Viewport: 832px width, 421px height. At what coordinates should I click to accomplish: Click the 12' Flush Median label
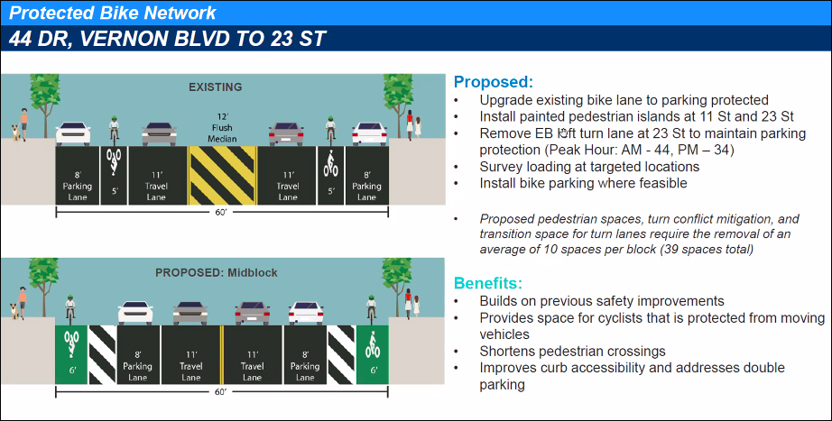tap(222, 128)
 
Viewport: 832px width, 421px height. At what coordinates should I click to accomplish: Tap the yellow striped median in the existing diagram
tap(222, 176)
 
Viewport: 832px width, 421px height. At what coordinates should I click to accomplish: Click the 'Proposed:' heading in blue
tap(493, 82)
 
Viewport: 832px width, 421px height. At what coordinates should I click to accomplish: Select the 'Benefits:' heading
tap(487, 283)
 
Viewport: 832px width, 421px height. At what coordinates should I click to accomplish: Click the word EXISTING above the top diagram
tap(216, 87)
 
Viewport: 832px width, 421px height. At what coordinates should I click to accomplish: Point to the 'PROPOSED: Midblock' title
tap(216, 273)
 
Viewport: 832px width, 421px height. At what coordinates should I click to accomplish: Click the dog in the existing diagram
tap(16, 133)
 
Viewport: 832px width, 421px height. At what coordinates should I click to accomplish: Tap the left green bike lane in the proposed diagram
tap(71, 354)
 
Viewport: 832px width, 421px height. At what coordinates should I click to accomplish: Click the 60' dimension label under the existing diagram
tap(221, 212)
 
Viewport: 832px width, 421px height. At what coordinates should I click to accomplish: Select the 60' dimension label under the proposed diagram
tap(221, 392)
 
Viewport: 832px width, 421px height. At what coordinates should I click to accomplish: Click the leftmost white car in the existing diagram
tap(73, 133)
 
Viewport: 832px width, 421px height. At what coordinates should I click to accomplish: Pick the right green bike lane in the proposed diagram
tap(373, 354)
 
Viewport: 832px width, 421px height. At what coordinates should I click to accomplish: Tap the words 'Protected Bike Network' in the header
tap(113, 13)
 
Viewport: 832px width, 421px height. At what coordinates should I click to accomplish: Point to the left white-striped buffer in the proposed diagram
tap(102, 354)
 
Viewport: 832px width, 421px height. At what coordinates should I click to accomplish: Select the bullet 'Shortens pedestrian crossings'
tap(572, 351)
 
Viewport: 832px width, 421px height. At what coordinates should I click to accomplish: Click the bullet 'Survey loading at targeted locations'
tap(589, 167)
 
